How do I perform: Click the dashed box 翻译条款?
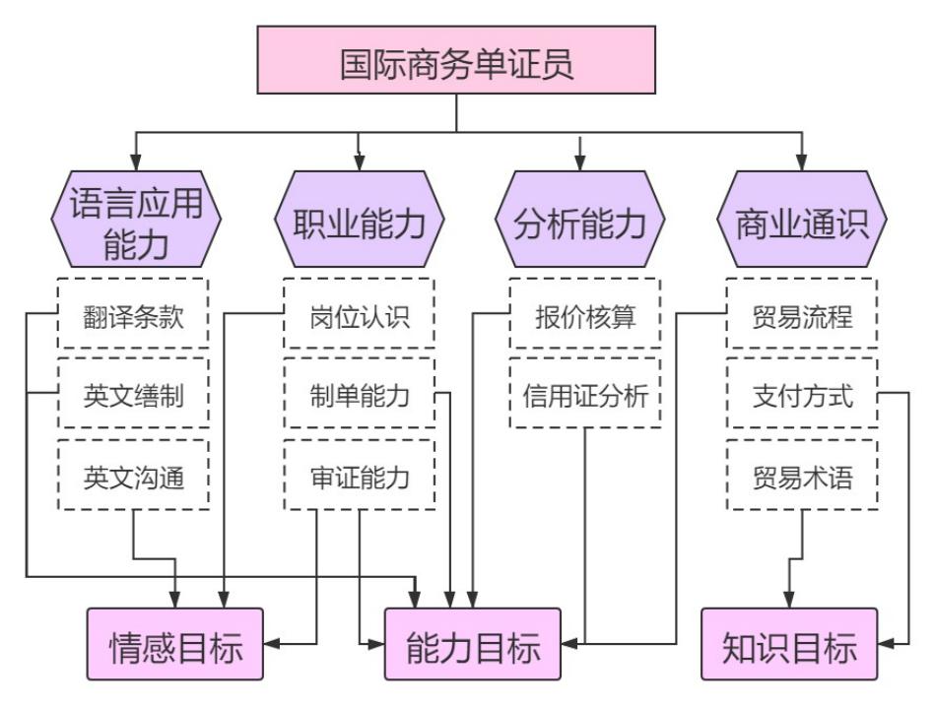tap(133, 318)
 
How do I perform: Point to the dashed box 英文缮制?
tap(133, 398)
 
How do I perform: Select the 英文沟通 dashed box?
tap(133, 478)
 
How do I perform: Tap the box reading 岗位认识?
tap(359, 318)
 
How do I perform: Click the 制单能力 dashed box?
tap(359, 398)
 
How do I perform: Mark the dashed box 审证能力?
tap(359, 478)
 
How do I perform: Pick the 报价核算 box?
tap(585, 318)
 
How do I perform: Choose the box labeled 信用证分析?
tap(585, 398)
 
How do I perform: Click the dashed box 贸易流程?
tap(802, 318)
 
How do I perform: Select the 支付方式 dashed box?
tap(802, 398)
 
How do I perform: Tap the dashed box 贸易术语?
tap(802, 478)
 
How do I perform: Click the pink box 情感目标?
tap(175, 645)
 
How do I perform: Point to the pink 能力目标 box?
tap(473, 645)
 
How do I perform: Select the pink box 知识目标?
tap(789, 645)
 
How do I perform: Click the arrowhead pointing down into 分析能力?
tap(580, 161)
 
